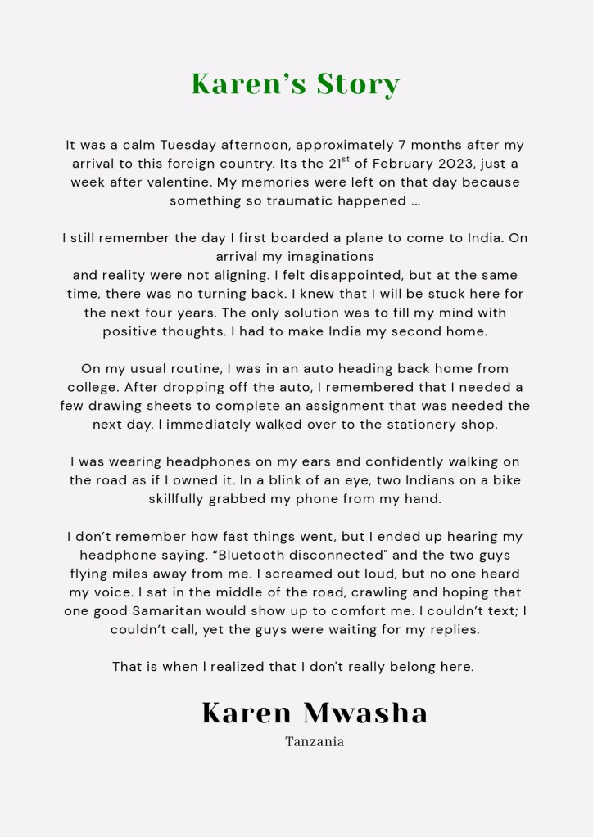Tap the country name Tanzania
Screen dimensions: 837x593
(315, 742)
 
